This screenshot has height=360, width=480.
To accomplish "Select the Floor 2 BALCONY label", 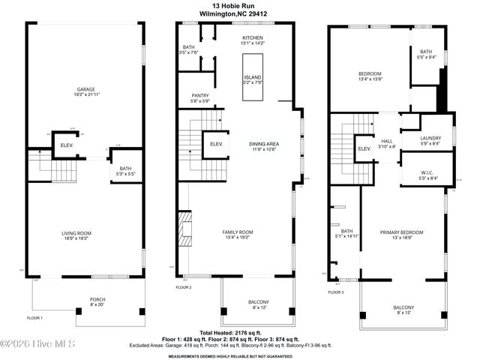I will click(258, 304).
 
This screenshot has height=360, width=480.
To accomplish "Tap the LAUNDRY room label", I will click(426, 140).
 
